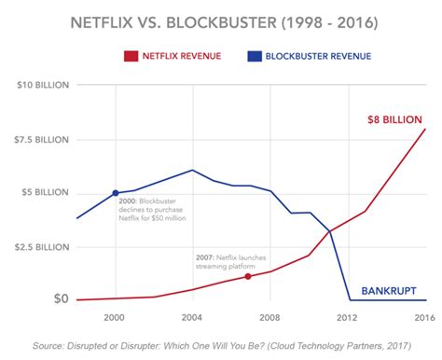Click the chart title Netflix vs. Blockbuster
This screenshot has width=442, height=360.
point(221,21)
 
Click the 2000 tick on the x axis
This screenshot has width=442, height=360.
point(116,318)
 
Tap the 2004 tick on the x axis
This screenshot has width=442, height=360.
point(192,318)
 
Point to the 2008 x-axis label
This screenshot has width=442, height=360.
point(269,318)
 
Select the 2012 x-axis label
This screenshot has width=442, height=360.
point(349,318)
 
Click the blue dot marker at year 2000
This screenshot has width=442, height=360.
point(116,193)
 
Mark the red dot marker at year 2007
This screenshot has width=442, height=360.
point(248,276)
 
